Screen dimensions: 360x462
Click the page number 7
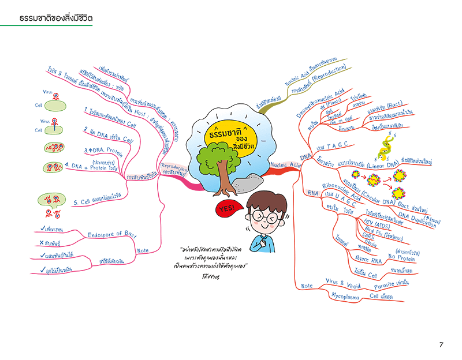441,345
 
